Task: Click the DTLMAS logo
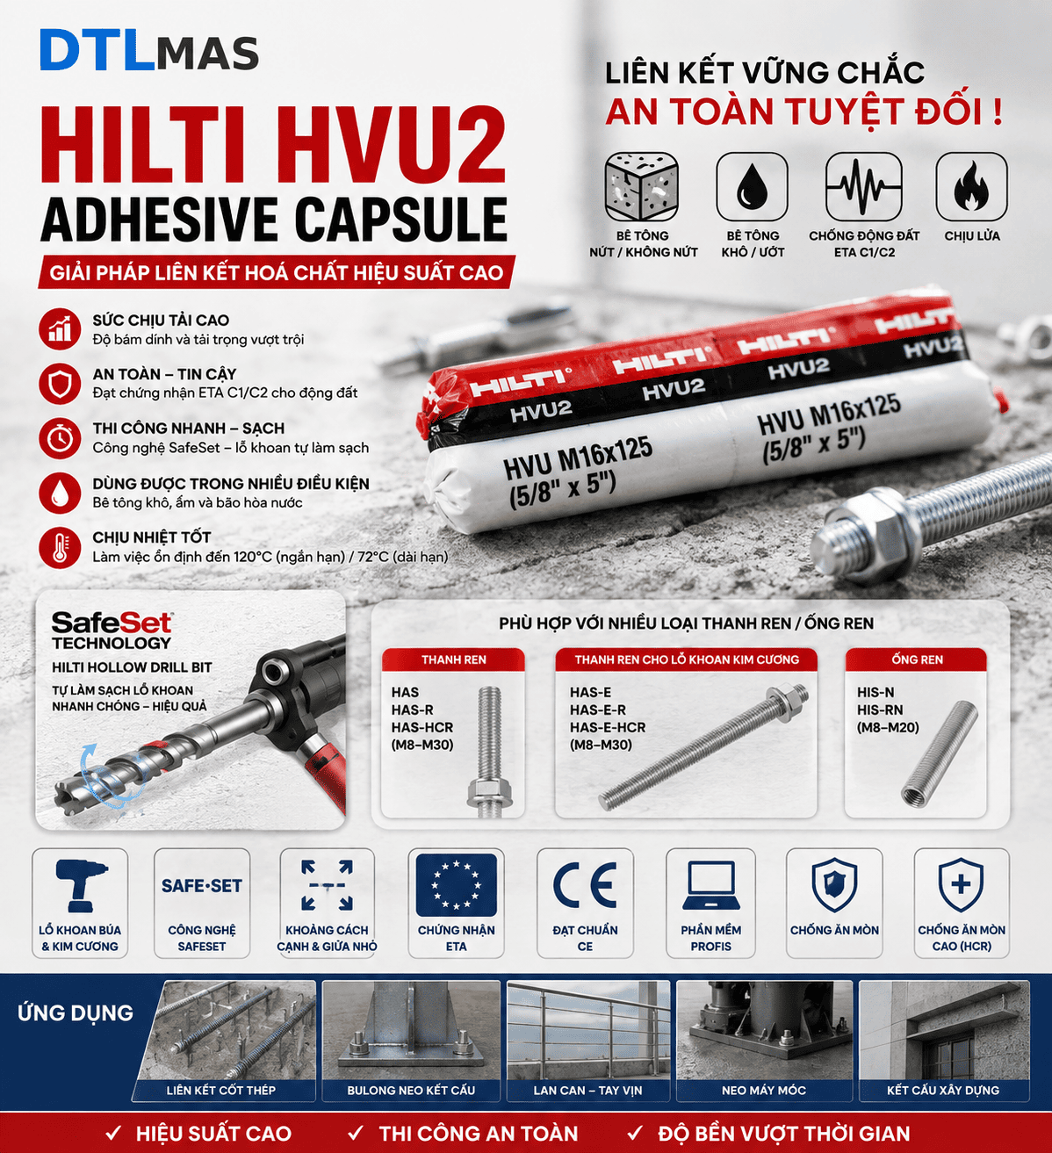149,51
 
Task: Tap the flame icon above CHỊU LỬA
971,186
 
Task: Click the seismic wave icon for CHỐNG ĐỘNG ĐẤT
863,186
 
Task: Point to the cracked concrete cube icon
642,187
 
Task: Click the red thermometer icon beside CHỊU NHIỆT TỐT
60,547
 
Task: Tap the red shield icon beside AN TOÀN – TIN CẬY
60,384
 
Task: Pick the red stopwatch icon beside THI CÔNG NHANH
60,438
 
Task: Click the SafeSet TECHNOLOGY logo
112,631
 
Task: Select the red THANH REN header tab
454,659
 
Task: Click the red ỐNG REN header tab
917,659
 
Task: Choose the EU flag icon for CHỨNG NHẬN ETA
456,885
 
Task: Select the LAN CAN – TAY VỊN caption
587,1090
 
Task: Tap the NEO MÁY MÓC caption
763,1090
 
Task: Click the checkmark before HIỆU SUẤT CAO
114,1133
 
